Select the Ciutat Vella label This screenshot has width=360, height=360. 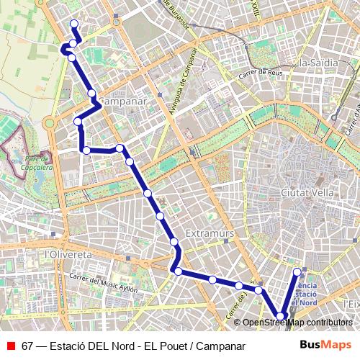point(307,193)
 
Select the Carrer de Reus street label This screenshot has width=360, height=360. point(261,73)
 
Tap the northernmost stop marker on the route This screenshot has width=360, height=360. point(73,24)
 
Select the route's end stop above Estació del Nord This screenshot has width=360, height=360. point(297,271)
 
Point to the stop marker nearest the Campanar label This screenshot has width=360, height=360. point(92,94)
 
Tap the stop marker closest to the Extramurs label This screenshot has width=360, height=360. point(174,241)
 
